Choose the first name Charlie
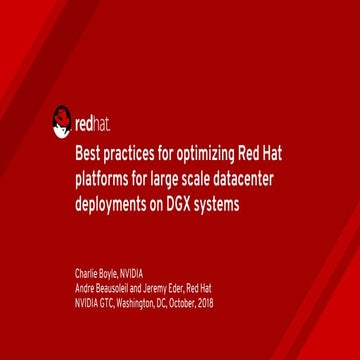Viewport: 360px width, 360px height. click(87, 273)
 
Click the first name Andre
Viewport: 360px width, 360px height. click(85, 288)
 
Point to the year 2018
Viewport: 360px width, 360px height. click(206, 302)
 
